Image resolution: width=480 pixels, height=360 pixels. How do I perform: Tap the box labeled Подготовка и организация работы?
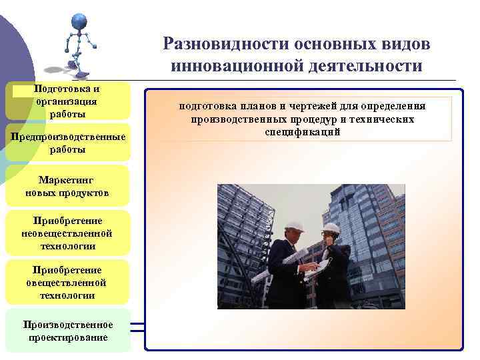(67, 101)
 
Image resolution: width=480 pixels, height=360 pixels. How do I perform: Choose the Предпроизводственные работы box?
(67, 143)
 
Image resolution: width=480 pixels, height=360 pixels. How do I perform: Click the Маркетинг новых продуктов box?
(67, 187)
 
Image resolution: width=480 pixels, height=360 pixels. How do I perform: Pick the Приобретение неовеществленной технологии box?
(67, 233)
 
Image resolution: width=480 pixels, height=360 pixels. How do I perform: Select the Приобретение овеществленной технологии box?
(67, 282)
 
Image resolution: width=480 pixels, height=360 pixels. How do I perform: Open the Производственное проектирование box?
(67, 331)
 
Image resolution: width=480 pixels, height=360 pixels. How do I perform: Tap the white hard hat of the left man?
(293, 226)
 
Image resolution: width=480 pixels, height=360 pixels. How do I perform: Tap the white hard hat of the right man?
(331, 229)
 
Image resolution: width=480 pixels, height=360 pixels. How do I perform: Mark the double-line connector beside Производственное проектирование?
(138, 327)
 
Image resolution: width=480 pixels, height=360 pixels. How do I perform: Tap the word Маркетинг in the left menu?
(67, 181)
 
